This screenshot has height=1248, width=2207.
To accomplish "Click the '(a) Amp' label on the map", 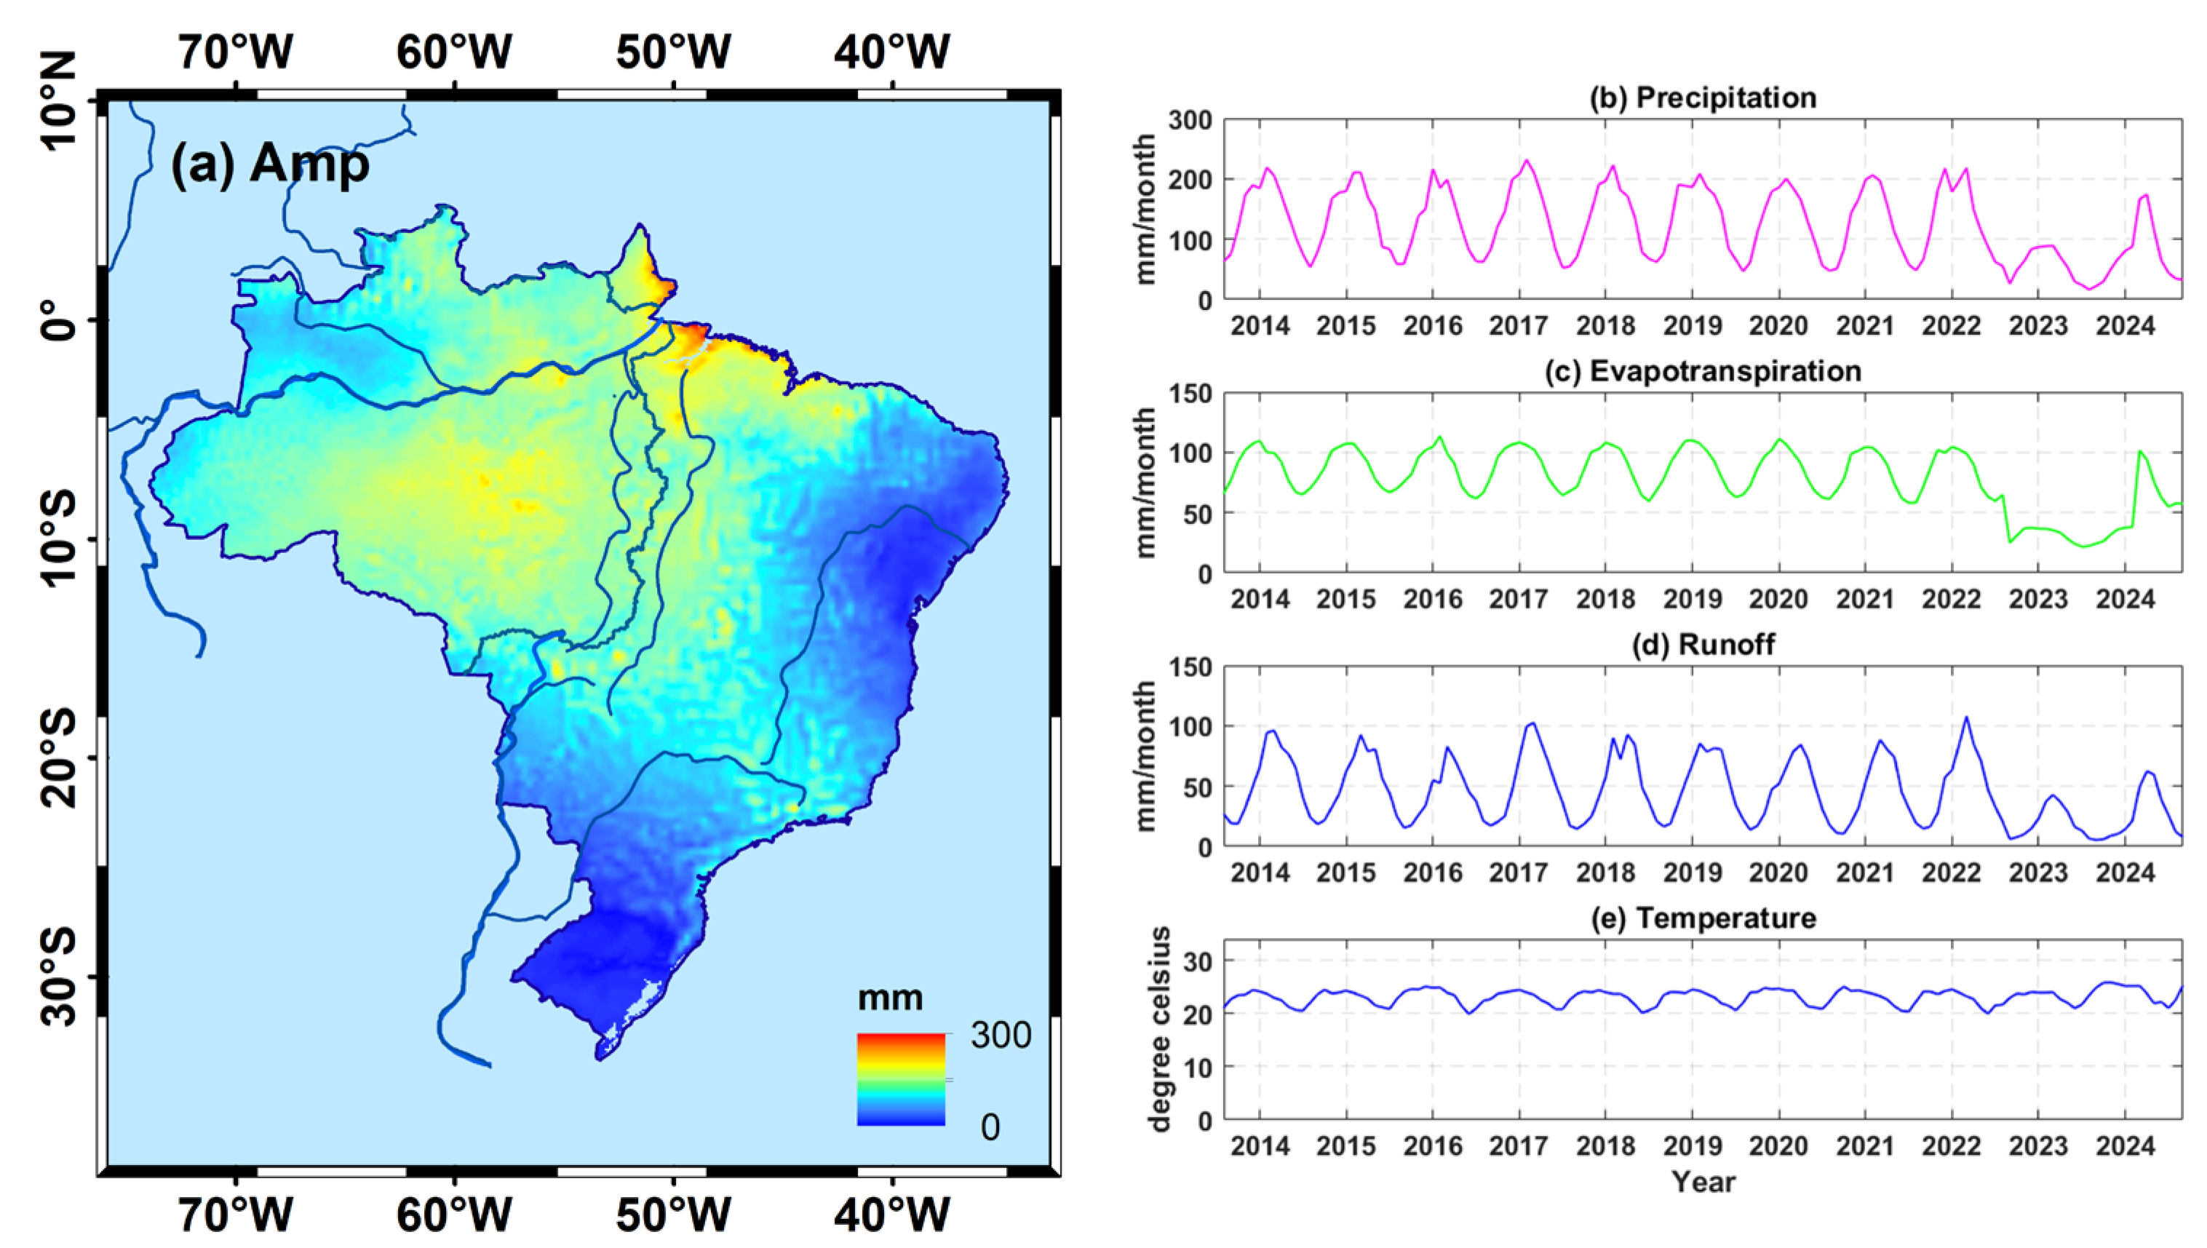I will coord(270,163).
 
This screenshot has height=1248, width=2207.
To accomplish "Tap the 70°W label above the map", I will coord(236,52).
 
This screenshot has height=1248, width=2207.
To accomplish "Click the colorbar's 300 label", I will coord(1001,1036).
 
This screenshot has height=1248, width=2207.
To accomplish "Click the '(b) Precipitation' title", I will coord(1702,98).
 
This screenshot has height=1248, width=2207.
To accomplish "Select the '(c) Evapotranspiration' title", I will coord(1702,371).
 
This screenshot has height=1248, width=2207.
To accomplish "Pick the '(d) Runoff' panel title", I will coord(1702,645).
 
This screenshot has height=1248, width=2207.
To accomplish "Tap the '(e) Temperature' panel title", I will coord(1702,918).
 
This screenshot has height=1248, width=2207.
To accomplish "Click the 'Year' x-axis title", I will coord(1703,1182).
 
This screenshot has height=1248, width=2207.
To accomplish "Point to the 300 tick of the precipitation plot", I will coord(1190,121).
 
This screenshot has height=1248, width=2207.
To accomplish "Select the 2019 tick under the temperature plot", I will coord(1692,1146).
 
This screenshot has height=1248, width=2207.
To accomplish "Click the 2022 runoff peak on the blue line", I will coord(1966,718).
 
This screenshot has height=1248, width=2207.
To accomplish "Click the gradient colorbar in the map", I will coord(901,1079).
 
